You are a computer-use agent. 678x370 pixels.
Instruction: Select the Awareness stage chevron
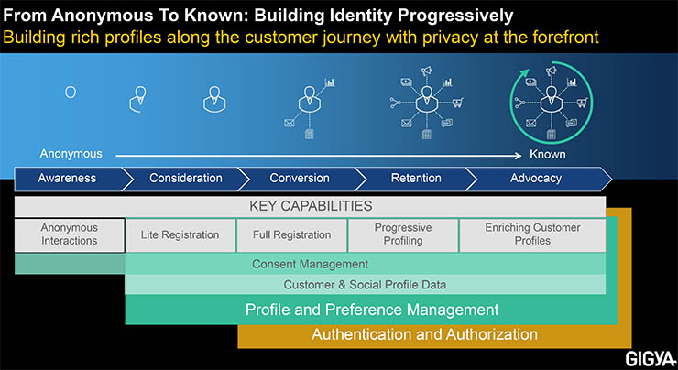tap(67, 179)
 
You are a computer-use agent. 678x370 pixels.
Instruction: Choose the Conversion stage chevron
tap(301, 179)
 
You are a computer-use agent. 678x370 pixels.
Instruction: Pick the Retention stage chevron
tap(416, 179)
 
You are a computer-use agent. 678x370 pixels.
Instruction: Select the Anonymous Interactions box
tap(70, 234)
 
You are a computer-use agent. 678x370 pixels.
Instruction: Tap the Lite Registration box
tap(180, 234)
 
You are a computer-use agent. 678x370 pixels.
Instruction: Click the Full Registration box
tap(291, 234)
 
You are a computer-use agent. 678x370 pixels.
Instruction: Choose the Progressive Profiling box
tap(402, 234)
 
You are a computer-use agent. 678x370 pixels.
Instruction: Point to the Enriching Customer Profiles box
tap(531, 234)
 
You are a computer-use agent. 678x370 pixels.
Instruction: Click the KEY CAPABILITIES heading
tap(311, 206)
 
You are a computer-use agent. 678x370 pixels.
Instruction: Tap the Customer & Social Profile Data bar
tap(364, 285)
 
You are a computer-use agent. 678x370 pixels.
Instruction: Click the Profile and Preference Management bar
tap(372, 310)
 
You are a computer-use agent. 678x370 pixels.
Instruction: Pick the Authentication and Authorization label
tap(424, 334)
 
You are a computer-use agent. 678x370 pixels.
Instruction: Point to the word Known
tap(547, 154)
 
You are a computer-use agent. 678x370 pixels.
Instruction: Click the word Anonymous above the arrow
tap(71, 154)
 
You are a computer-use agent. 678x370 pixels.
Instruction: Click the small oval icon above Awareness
tap(71, 92)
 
